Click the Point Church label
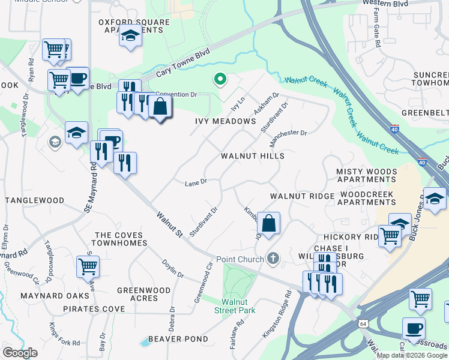240,259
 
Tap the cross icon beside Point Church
273,259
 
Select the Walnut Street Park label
235,305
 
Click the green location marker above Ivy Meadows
220,79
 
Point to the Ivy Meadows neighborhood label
226,121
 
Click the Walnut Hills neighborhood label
252,155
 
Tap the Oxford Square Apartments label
134,26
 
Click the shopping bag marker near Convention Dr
160,107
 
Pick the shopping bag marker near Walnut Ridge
270,223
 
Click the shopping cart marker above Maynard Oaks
88,265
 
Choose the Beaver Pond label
178,339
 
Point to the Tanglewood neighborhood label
34,200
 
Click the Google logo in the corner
20,353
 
